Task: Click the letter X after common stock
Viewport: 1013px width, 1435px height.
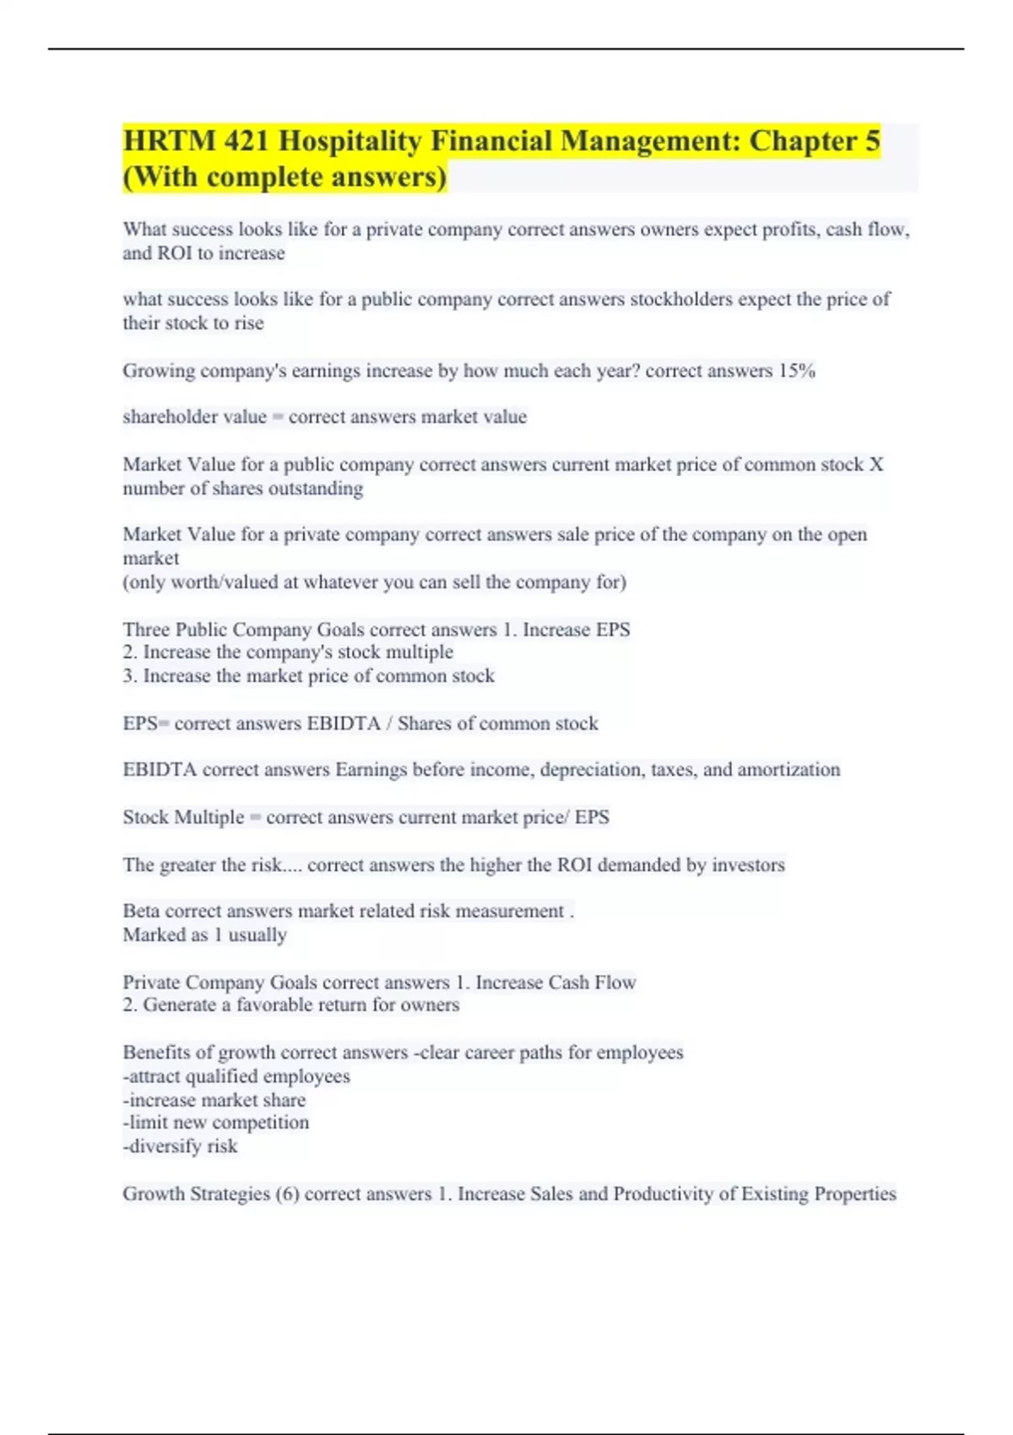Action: pos(876,464)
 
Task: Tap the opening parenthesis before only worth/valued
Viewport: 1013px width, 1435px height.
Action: pos(126,582)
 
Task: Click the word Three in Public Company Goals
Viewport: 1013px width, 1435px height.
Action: pos(144,630)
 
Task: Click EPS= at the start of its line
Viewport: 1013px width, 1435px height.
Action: pos(145,723)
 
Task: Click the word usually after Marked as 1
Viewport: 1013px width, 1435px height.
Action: pos(257,935)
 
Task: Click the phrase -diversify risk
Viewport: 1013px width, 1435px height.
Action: pos(180,1146)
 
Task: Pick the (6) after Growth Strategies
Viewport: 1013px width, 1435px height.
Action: pos(287,1194)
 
